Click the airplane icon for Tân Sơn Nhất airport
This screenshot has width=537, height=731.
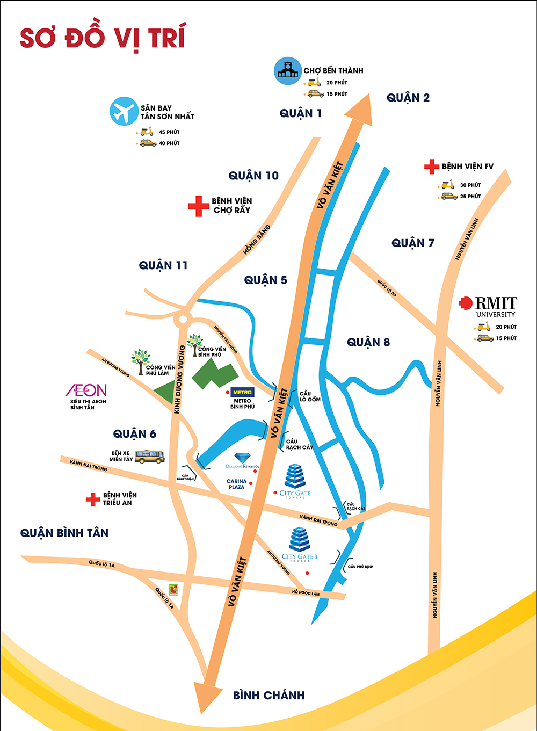(124, 111)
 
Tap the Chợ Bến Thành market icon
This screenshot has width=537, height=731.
(288, 71)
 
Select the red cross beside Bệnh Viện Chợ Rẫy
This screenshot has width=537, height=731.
(198, 206)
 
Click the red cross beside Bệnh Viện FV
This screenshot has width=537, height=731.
(431, 167)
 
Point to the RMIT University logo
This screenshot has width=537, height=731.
(489, 306)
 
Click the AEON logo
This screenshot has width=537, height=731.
(86, 390)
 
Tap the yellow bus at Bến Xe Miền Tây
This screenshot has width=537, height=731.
(149, 457)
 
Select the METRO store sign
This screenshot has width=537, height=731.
(242, 393)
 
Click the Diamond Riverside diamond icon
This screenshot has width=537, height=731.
(243, 458)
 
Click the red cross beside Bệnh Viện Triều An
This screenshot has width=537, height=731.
(93, 499)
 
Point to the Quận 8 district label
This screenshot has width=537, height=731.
(368, 342)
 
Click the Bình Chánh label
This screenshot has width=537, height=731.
(268, 695)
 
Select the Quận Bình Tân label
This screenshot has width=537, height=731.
(64, 533)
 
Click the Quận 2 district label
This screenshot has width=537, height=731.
(408, 98)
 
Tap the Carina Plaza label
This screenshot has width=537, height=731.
(236, 484)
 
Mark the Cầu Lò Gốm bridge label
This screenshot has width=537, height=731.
(310, 396)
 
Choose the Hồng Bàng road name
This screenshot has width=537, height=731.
(257, 240)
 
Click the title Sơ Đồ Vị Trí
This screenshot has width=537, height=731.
(103, 38)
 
